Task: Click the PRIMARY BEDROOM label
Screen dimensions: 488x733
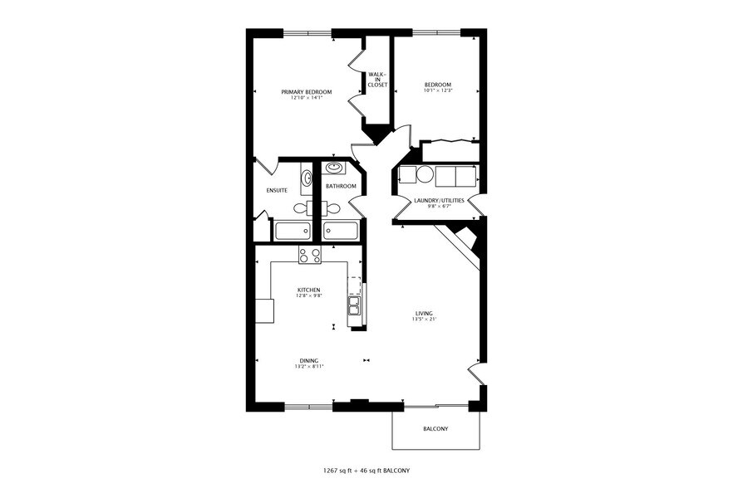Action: (x=307, y=91)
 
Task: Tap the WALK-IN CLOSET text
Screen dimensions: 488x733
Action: (x=377, y=80)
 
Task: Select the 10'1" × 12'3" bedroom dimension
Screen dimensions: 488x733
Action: (x=437, y=91)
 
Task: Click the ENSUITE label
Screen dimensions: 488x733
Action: (x=277, y=191)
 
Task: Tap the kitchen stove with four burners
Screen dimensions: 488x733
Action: (x=310, y=256)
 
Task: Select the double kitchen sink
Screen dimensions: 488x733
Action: (x=354, y=310)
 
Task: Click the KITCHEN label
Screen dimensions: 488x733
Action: (x=309, y=290)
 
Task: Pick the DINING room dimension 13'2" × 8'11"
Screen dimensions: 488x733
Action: (x=307, y=366)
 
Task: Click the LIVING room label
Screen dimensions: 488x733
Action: (x=424, y=314)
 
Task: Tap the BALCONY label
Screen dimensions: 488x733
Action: (x=435, y=429)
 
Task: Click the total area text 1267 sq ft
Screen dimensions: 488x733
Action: (x=342, y=471)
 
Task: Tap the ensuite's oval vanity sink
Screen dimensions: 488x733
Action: (x=307, y=178)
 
